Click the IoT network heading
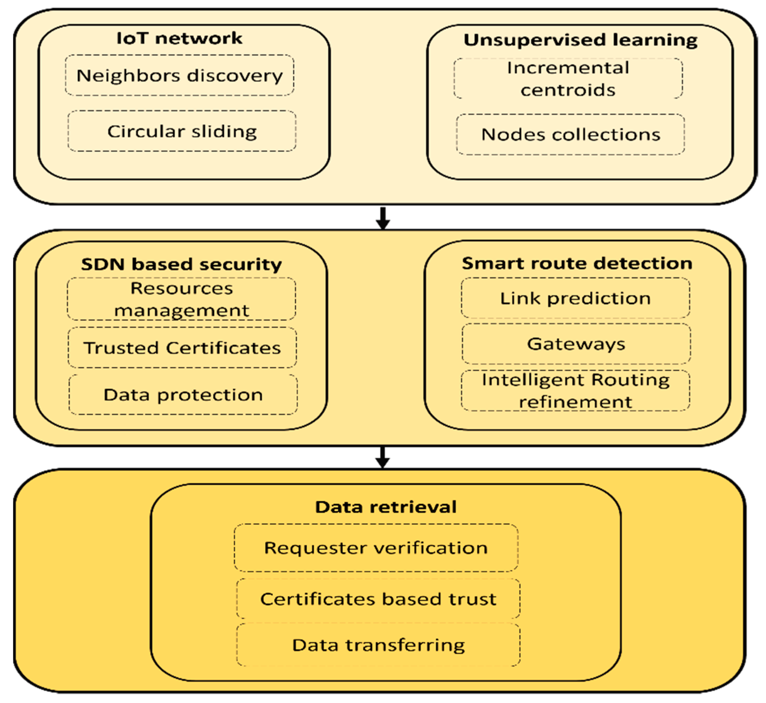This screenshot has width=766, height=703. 179,38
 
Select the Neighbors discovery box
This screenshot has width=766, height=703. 179,75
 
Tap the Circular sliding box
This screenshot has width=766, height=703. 182,131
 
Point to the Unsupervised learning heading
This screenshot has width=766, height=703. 581,40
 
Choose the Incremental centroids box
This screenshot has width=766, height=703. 568,79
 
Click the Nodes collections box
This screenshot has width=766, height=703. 570,134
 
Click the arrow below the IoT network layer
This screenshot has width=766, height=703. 383,218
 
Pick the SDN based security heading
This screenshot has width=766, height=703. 181,264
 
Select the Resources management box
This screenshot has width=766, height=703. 181,299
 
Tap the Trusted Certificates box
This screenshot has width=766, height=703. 182,348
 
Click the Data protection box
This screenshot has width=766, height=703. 183,394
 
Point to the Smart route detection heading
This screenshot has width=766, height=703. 577,263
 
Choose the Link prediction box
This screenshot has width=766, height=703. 575,298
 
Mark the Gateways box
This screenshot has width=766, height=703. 576,344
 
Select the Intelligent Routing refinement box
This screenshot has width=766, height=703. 576,391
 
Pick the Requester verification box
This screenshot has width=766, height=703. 376,548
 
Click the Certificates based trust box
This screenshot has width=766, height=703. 378,599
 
